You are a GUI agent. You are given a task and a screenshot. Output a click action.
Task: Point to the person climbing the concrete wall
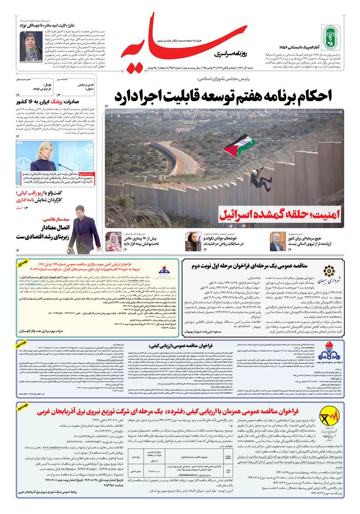tap(260, 180)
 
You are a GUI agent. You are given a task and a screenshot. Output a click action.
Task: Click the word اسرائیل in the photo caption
tap(239, 213)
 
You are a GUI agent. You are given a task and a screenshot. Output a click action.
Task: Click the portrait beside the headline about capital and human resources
tap(278, 240)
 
